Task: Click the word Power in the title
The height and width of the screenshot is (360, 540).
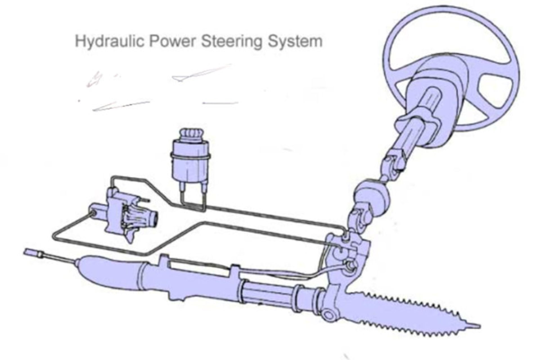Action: point(172,42)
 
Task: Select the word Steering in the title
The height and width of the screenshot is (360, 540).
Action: point(231,42)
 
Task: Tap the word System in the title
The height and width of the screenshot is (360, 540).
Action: point(294,42)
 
